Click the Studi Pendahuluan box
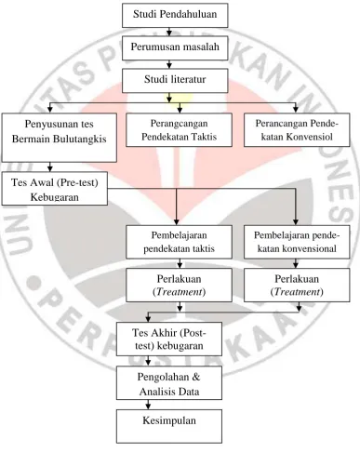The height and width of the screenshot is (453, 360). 175,15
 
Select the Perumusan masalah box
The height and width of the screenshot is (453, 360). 175,47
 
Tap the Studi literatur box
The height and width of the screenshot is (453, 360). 175,81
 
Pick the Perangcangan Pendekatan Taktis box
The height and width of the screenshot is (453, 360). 179,129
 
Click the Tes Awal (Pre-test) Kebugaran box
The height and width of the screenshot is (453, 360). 55,189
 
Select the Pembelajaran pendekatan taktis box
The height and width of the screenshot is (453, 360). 179,242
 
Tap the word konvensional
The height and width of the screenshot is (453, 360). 311,248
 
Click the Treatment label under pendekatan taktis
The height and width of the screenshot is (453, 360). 180,292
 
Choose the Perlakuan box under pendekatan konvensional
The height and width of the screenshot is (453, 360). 297,285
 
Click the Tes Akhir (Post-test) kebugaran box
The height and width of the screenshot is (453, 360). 169,339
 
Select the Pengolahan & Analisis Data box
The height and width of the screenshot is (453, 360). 169,383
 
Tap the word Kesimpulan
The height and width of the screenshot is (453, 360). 169,420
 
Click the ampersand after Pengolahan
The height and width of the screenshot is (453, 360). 195,377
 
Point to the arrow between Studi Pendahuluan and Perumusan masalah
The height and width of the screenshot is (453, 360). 169,32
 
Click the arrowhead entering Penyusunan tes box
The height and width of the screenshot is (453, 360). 50,110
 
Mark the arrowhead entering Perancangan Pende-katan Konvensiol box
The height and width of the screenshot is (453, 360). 296,110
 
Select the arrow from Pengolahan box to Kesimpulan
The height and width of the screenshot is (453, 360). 148,405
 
